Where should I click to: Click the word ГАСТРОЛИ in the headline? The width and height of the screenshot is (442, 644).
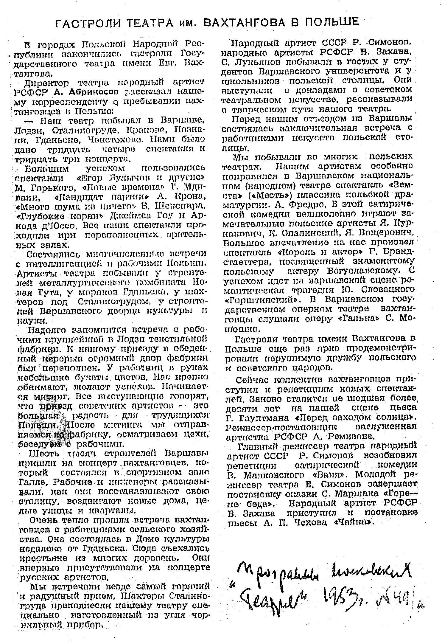pos(86,23)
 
